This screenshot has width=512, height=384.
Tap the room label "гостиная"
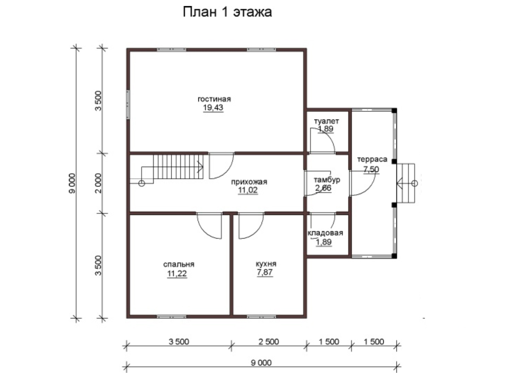click(214, 99)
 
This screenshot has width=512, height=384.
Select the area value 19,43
click(213, 107)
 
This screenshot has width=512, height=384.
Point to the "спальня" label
click(179, 264)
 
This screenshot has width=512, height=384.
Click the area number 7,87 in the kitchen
click(265, 272)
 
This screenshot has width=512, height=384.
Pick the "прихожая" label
click(249, 182)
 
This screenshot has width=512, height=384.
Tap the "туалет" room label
click(326, 121)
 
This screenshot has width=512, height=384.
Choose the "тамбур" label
click(327, 180)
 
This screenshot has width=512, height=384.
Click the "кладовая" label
click(325, 233)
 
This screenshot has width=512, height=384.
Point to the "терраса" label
click(372, 159)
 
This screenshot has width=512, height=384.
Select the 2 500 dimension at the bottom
click(269, 342)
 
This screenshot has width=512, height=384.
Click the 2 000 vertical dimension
click(99, 183)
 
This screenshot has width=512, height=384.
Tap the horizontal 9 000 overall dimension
click(261, 363)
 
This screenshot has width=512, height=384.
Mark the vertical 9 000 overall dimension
click(72, 183)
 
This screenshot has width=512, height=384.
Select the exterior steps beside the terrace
click(407, 183)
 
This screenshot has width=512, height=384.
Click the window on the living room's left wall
click(128, 105)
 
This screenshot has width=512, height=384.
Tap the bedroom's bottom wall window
click(172, 316)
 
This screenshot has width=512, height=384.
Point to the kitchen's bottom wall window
click(262, 316)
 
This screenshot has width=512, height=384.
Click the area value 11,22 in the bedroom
click(177, 274)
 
